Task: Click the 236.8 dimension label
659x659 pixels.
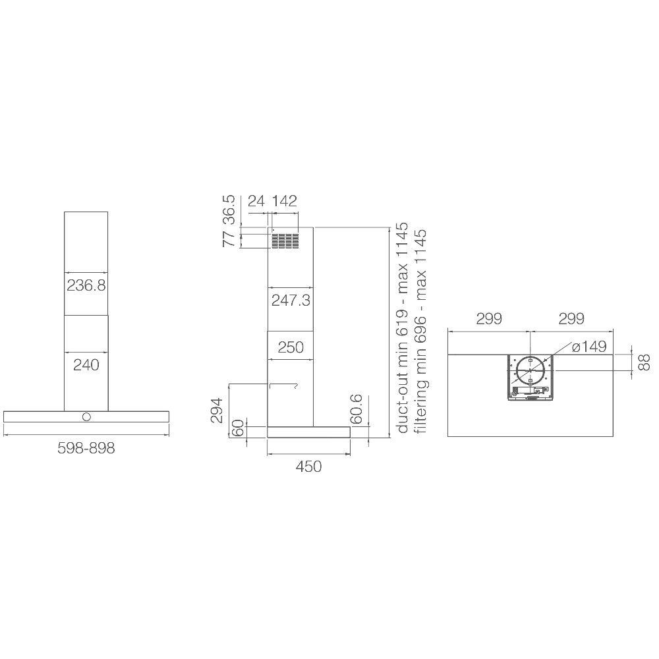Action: [86, 286]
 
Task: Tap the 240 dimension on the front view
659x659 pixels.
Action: [86, 365]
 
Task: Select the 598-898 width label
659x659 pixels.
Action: [86, 448]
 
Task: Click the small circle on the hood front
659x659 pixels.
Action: [86, 417]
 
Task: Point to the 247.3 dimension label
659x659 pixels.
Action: [291, 301]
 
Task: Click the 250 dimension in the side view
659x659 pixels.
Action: [291, 347]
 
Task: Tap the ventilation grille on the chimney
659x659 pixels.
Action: [285, 241]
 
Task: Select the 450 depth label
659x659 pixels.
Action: [308, 467]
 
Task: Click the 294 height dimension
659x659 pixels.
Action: [217, 410]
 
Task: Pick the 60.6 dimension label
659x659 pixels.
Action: [356, 409]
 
